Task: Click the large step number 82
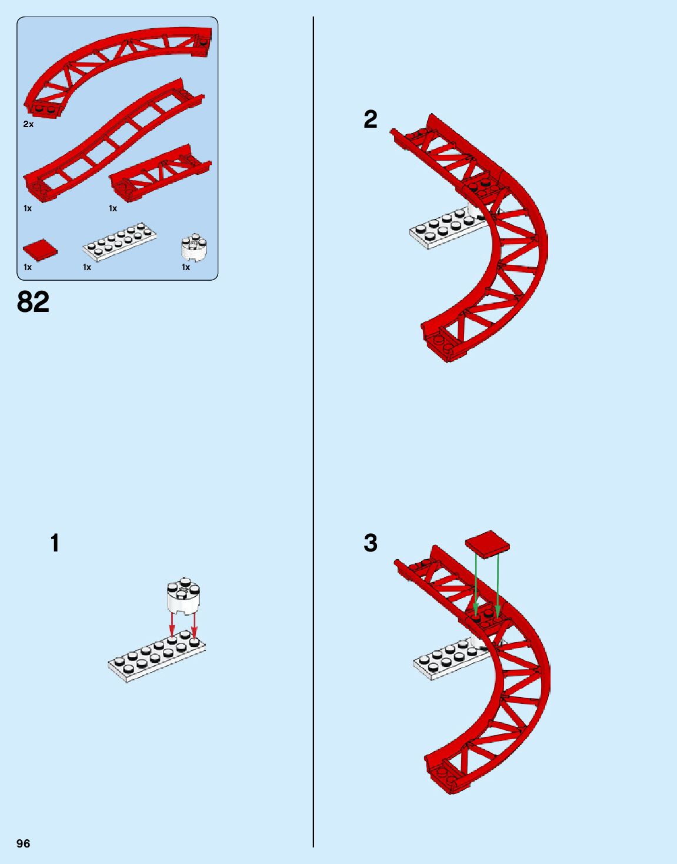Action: point(34,302)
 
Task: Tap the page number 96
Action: point(24,843)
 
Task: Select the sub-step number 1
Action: point(55,543)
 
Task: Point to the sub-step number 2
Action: point(370,119)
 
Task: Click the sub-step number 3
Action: point(370,543)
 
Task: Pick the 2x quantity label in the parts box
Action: point(28,124)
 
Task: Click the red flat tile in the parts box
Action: point(41,250)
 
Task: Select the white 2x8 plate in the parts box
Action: point(119,241)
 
